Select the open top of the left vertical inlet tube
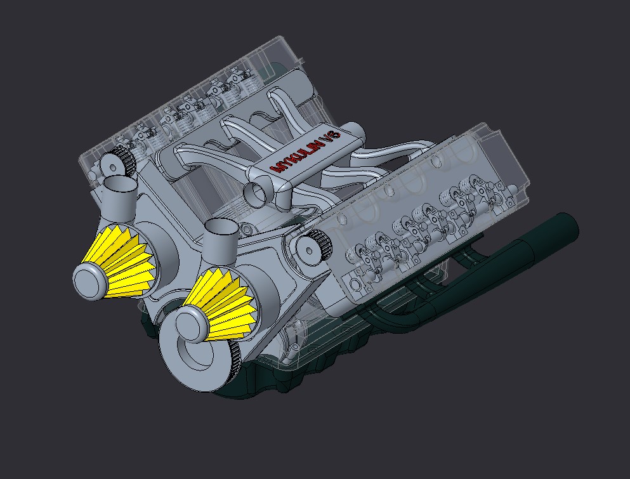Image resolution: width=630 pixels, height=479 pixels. tap(119, 185)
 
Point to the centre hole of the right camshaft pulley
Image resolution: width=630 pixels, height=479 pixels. tap(307, 251)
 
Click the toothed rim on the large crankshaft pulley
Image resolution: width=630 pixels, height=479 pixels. tap(233, 368)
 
